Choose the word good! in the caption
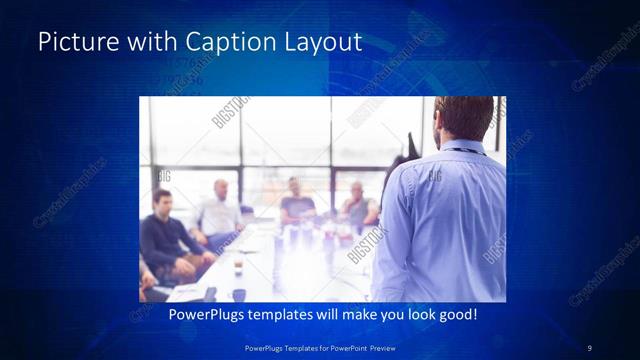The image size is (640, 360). (x=456, y=315)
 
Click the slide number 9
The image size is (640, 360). (x=589, y=347)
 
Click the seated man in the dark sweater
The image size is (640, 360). (x=167, y=240)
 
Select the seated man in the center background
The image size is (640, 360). (x=297, y=203)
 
